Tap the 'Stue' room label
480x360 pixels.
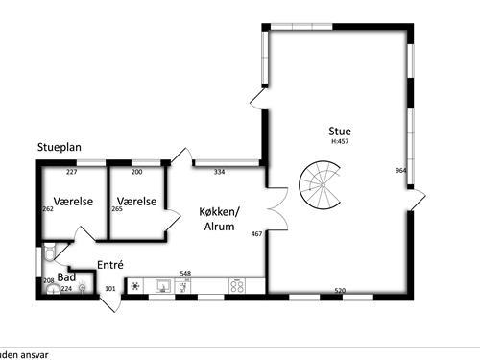coord(339,131)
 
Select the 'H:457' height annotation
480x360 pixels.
coord(339,142)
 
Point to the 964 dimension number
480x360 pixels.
coord(400,170)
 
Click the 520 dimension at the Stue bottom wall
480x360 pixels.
coord(340,290)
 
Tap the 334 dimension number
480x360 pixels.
coord(219,173)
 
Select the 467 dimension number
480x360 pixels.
coord(256,234)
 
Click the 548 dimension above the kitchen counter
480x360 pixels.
coord(186,274)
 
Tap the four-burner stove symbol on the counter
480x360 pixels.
coord(236,286)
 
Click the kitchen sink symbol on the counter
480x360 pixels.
coord(162,286)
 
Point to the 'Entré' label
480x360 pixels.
coord(111,264)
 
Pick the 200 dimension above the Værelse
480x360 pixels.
coord(136,173)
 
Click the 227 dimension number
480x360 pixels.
coord(71,173)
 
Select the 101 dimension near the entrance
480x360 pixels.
coord(109,288)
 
